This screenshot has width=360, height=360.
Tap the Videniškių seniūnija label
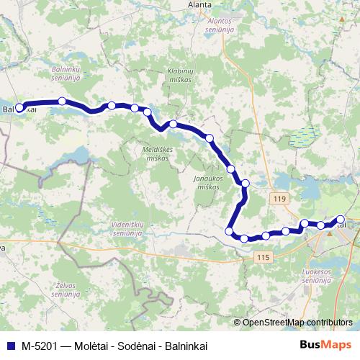coord(129,228)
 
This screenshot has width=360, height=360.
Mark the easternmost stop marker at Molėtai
coord(341,220)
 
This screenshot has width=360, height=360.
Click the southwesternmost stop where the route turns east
coord(230,231)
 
